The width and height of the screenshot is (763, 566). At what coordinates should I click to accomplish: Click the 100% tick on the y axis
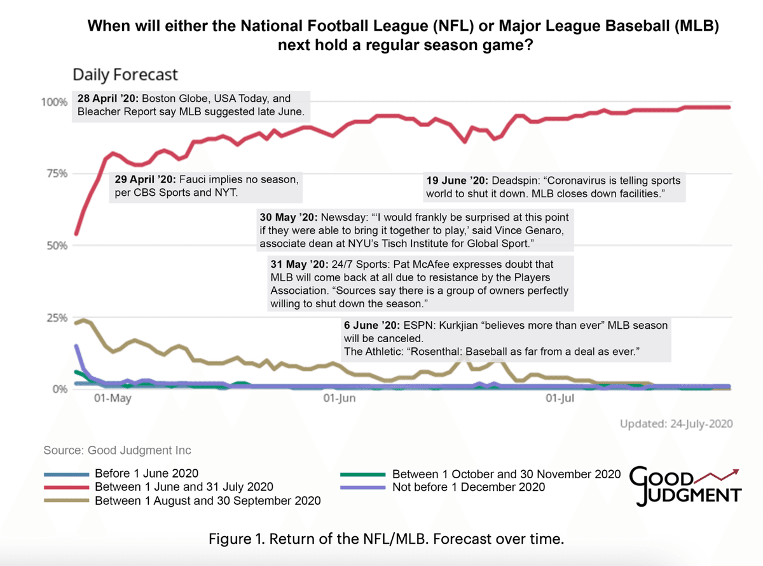click(54, 102)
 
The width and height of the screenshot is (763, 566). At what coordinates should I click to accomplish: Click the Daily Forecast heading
click(125, 74)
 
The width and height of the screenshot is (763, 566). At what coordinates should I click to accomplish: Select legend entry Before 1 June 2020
click(146, 473)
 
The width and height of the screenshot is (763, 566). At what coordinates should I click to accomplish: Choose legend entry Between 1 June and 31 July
click(184, 487)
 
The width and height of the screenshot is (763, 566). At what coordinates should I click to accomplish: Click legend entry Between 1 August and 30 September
click(207, 500)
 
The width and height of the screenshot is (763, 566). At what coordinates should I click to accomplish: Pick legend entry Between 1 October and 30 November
click(505, 474)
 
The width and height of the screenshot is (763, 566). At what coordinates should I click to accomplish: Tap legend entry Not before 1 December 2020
click(469, 487)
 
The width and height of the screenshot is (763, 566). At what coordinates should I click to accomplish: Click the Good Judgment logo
click(685, 487)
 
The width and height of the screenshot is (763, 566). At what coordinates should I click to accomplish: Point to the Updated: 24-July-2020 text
click(677, 424)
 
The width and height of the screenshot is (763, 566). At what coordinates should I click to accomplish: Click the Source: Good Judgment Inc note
click(117, 450)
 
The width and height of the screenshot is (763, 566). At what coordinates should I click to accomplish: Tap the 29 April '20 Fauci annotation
click(206, 186)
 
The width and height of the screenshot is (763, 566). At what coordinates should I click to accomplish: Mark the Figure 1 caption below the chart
click(387, 539)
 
